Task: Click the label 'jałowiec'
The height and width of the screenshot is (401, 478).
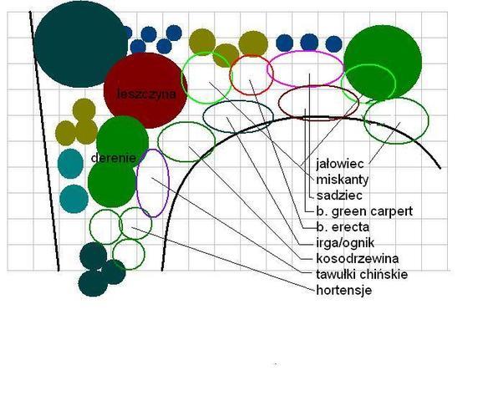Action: pos(340,165)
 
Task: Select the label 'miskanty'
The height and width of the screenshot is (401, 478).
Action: pos(343,180)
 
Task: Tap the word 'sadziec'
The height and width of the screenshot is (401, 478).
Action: pos(339,195)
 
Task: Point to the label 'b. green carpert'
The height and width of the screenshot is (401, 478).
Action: pos(364,211)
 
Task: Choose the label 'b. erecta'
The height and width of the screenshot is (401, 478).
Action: pos(343,227)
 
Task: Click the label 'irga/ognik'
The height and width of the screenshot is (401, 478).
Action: pos(345,243)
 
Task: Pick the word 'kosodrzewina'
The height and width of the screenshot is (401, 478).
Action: pos(358,259)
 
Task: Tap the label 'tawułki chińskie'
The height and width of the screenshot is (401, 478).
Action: pos(362,275)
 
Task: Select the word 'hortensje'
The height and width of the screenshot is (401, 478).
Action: pos(343,290)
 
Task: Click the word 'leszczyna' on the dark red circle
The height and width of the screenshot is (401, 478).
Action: pos(146,94)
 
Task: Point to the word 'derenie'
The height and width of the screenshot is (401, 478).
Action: pos(114,158)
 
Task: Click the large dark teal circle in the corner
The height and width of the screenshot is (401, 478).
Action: pos(80,44)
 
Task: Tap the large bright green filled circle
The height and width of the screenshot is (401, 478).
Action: pos(383,63)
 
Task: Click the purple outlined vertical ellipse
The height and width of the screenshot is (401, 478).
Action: pos(137,183)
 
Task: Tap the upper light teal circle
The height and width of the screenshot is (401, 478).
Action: pos(70,164)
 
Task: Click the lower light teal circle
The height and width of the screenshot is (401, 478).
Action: pos(74,199)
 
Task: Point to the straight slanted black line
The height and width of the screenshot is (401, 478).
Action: pos(44,141)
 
